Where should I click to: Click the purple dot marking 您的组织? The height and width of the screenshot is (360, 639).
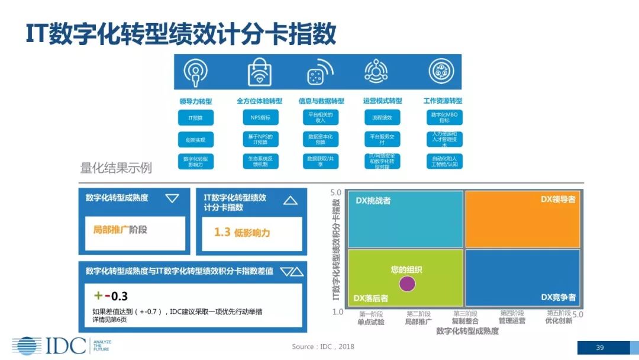pos(407,284)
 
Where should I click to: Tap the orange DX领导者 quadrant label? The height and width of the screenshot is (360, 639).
pos(557,200)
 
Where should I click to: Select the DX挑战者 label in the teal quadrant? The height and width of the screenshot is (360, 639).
pos(373,201)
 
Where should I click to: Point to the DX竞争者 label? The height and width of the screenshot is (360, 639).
pos(558,297)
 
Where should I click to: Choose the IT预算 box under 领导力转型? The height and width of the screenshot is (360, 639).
pos(196,118)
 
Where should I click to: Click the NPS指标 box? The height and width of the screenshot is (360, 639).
pos(260,118)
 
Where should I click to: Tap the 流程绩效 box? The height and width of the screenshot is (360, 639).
pos(382,118)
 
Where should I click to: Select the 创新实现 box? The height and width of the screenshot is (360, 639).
pos(196,140)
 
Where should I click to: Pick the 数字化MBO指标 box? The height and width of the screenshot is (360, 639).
pos(444,117)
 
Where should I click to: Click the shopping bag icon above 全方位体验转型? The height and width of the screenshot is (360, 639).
pos(259,72)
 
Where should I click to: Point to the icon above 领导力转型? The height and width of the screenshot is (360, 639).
pos(196,72)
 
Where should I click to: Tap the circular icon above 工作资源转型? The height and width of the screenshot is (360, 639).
pos(441,72)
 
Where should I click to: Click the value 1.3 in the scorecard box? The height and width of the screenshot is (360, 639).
pos(222,232)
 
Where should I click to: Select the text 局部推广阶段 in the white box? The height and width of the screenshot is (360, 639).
pos(120,229)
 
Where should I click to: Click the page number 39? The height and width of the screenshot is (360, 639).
pos(599,348)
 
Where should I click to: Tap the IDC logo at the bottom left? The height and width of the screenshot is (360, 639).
pos(50,345)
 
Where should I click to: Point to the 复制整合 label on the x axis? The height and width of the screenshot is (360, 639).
pos(465,321)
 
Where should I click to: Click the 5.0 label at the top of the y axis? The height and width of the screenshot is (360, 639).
pos(336,192)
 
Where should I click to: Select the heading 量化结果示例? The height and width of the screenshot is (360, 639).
pos(116,168)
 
